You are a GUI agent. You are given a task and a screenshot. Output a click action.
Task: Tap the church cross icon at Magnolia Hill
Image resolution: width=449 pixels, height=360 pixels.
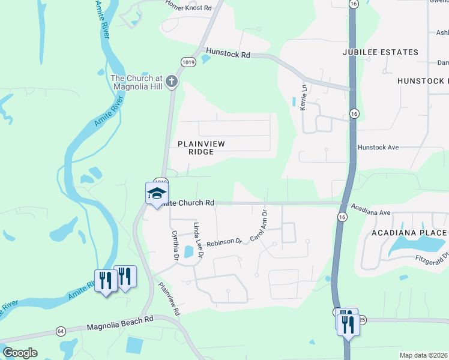pos(172,81)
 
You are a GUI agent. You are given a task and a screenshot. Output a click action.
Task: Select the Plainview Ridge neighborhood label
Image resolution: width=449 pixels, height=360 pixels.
pos(196,148)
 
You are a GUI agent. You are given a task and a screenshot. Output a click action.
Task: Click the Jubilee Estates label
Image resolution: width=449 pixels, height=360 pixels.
pos(380,52)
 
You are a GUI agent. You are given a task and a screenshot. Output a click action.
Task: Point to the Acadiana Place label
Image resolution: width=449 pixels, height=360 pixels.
pos(409,233)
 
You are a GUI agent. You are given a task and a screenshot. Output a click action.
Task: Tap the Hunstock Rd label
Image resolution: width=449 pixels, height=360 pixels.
pos(228,53)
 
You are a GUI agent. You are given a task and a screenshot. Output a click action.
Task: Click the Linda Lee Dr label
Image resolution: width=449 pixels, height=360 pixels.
pos(198,240)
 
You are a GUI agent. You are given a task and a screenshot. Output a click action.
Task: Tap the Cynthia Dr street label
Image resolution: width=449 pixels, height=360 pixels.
pos(176,246)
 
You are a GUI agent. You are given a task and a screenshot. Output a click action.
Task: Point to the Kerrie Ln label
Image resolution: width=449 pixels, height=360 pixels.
pos(303,96)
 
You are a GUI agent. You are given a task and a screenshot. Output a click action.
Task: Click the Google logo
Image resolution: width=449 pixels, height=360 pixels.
pos(20,353)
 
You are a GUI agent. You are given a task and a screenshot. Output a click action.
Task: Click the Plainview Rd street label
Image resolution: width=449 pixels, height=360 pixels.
pos(169,299)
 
